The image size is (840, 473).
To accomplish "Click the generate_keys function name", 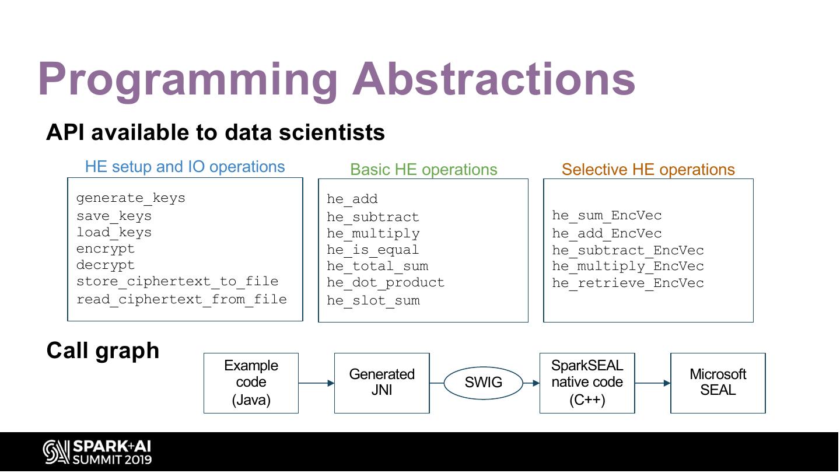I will [x=131, y=198].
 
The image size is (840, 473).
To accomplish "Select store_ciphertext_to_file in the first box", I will [x=177, y=282].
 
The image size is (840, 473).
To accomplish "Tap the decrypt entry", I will [x=106, y=265].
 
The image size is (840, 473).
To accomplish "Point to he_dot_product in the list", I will [x=385, y=283].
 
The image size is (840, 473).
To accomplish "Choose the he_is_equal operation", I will [x=373, y=250].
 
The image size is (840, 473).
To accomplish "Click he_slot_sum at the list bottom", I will [x=373, y=301].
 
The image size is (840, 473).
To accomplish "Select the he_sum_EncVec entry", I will [x=607, y=216].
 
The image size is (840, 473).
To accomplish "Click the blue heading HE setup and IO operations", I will [x=185, y=167].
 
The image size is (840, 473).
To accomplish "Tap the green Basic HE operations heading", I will [x=423, y=170].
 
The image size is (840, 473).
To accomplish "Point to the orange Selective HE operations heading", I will [x=648, y=170].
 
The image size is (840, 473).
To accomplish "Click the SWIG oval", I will [x=484, y=383].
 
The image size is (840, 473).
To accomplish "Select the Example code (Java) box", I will [x=251, y=383].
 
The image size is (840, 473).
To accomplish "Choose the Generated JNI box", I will [x=381, y=383].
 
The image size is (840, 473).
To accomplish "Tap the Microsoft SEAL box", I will [x=717, y=383].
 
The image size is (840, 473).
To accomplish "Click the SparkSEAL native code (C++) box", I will [x=587, y=383].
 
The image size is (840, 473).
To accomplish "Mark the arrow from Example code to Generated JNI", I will [x=316, y=383].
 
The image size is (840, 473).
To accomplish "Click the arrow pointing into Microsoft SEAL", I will [x=652, y=383].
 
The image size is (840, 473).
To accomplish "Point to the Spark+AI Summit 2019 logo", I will [x=97, y=453].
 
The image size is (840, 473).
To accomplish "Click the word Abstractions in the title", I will [x=494, y=79].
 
